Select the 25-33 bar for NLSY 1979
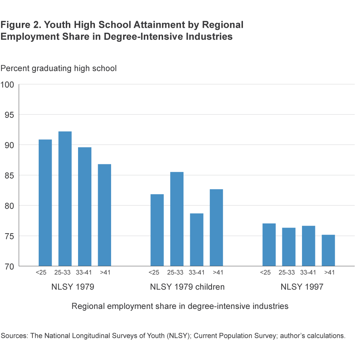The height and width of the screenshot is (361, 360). pyautogui.click(x=65, y=199)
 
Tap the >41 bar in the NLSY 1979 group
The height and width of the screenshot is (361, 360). pyautogui.click(x=104, y=215)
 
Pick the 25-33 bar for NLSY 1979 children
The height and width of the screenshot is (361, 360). pyautogui.click(x=177, y=219)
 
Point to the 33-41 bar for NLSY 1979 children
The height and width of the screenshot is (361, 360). pyautogui.click(x=197, y=240)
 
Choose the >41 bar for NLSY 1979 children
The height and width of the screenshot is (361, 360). pyautogui.click(x=216, y=228)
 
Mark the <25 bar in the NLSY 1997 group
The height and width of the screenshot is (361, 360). pyautogui.click(x=269, y=245)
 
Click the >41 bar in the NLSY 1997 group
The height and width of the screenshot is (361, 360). pyautogui.click(x=328, y=250)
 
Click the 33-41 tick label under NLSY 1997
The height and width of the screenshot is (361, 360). pyautogui.click(x=309, y=272)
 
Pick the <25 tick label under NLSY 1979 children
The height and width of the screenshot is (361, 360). pyautogui.click(x=154, y=272)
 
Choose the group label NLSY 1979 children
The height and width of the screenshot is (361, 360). pyautogui.click(x=187, y=287)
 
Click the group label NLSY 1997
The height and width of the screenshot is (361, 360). pyautogui.click(x=302, y=287)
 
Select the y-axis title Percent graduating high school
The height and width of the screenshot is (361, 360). pyautogui.click(x=58, y=68)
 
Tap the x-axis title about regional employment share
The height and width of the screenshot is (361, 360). pyautogui.click(x=180, y=306)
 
